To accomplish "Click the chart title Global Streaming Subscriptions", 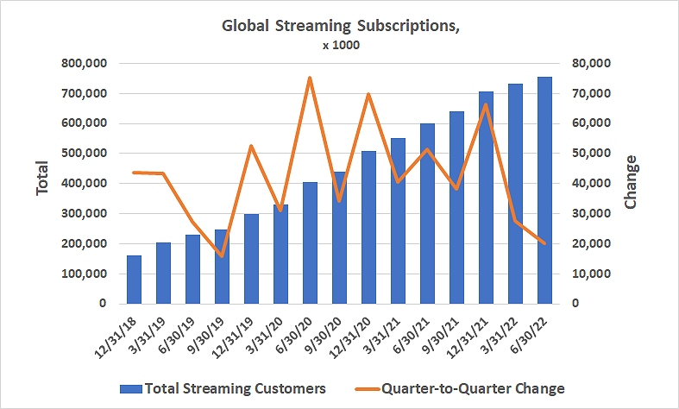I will pyautogui.click(x=340, y=25).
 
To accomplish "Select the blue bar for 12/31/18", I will pyautogui.click(x=134, y=280).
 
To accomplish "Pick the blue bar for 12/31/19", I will pyautogui.click(x=251, y=259).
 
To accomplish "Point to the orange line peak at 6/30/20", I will pyautogui.click(x=310, y=78).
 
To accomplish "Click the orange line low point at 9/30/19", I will pyautogui.click(x=222, y=256).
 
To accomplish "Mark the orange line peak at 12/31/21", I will pyautogui.click(x=486, y=104).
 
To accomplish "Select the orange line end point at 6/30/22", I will pyautogui.click(x=544, y=243).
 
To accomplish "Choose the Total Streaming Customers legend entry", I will pyautogui.click(x=223, y=388).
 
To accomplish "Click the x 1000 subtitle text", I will pyautogui.click(x=340, y=45).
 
